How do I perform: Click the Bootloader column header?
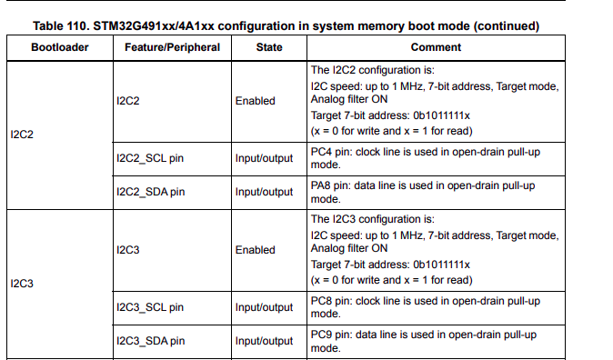(59, 46)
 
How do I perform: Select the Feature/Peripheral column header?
(167, 46)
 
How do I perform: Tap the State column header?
(268, 46)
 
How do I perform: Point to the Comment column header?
(436, 46)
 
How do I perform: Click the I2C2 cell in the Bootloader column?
(21, 135)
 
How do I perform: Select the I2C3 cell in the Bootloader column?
(21, 284)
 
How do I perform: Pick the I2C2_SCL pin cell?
(150, 158)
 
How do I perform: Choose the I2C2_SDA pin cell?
(150, 192)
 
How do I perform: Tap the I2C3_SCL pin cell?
(150, 307)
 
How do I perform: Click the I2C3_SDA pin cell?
(150, 341)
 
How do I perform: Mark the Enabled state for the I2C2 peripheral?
(255, 101)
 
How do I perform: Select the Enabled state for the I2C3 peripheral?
(255, 250)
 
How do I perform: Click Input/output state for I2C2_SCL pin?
(264, 158)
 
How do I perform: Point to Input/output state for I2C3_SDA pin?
(264, 341)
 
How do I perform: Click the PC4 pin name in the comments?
(321, 152)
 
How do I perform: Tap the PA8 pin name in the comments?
(321, 185)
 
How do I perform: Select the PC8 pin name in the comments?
(321, 301)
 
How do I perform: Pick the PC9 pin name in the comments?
(321, 335)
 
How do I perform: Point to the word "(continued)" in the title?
(509, 25)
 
